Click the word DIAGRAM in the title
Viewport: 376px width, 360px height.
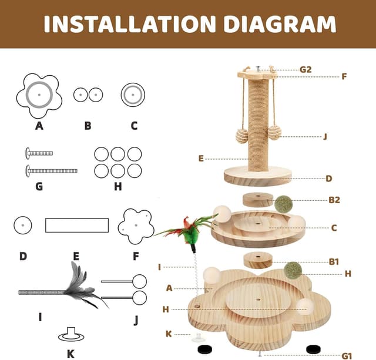pos(280,23)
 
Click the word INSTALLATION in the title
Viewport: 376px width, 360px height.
pos(130,23)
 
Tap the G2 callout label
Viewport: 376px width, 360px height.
pos(305,69)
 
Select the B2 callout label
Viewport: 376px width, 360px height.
pos(334,200)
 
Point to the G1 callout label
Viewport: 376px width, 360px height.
pos(347,356)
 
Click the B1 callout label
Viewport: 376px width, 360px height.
pos(334,261)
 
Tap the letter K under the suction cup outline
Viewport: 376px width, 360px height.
pos(70,354)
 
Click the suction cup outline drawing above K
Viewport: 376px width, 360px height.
pos(71,334)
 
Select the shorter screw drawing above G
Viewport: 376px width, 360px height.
pos(39,153)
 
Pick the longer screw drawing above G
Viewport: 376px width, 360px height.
pos(51,171)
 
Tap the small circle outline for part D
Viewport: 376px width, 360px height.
pos(23,226)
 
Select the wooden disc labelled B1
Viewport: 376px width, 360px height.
pos(258,260)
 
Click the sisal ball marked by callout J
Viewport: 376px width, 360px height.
pos(274,133)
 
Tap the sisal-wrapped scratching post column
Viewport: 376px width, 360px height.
pos(258,125)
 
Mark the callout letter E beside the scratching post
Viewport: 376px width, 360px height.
pos(201,159)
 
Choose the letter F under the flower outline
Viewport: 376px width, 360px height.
pos(136,257)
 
